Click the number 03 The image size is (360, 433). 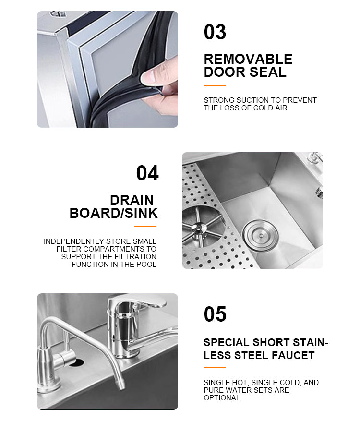click(x=215, y=32)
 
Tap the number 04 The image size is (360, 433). click(x=147, y=173)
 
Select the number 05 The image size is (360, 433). click(x=215, y=314)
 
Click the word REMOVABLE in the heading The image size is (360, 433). click(x=248, y=59)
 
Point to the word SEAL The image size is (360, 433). click(x=268, y=72)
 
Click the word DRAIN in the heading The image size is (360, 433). click(x=132, y=200)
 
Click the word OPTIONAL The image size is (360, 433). click(x=222, y=398)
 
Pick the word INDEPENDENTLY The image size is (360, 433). click(x=74, y=241)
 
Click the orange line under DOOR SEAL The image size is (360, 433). click(x=215, y=85)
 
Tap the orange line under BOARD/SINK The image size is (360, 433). click(x=145, y=227)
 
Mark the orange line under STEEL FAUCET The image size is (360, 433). click(x=215, y=368)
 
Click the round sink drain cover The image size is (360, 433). click(x=261, y=236)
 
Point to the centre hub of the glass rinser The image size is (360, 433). click(x=199, y=228)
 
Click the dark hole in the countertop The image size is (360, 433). click(x=76, y=362)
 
